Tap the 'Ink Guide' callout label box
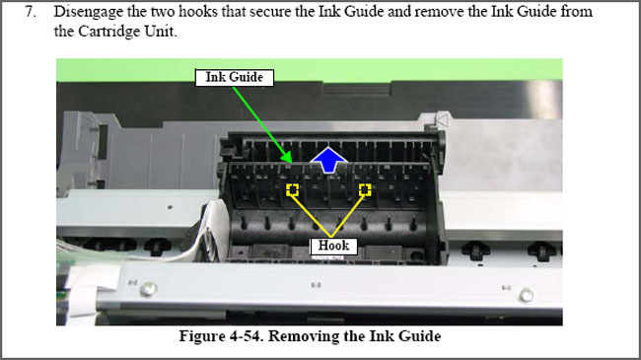[234, 77]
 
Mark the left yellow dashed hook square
[291, 188]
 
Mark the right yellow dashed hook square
[365, 188]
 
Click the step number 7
[32, 13]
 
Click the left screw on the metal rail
[147, 289]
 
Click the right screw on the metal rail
[527, 293]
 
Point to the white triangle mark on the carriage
[442, 120]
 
